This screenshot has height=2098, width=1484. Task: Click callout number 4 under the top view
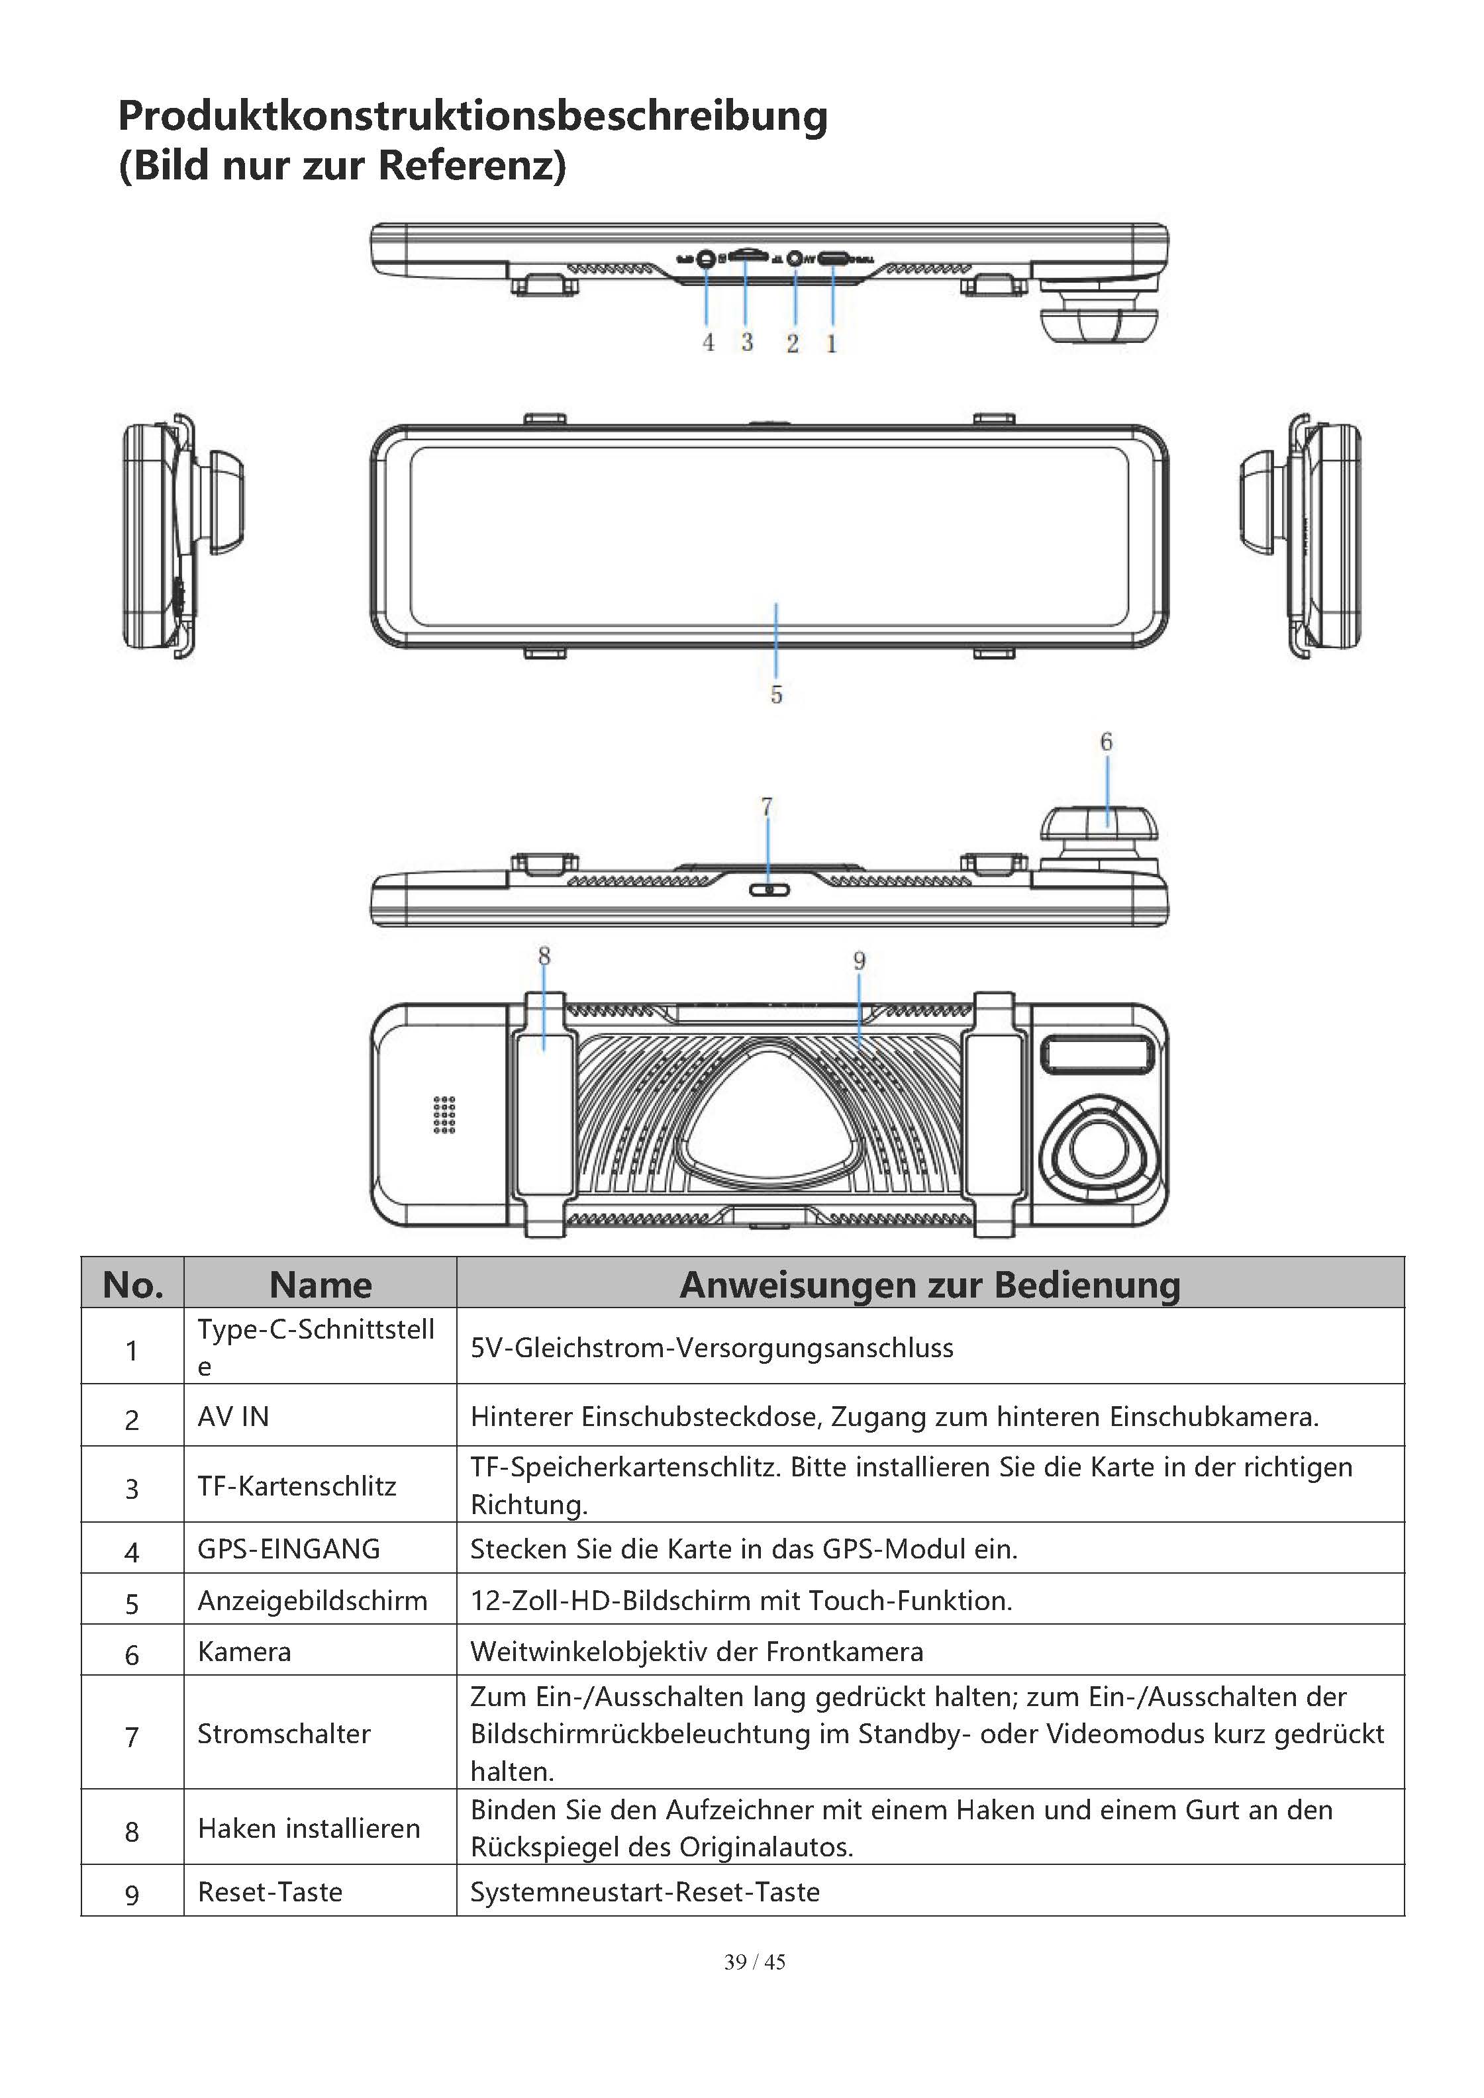coord(708,343)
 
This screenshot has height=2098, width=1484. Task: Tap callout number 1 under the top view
coord(832,344)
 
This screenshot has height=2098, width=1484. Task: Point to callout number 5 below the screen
coord(776,694)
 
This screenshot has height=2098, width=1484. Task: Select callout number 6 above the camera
coord(1106,742)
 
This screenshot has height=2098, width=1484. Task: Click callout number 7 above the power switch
coord(767,807)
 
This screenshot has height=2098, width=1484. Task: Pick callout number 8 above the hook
coord(544,956)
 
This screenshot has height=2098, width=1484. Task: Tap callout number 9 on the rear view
coord(859,961)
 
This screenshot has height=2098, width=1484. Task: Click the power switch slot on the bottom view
coord(767,889)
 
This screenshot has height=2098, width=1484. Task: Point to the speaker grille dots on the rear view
coord(444,1115)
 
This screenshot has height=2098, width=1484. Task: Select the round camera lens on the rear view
coord(1097,1149)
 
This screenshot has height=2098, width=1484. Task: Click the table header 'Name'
coord(321,1284)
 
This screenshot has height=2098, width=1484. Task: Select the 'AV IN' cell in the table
coord(234,1416)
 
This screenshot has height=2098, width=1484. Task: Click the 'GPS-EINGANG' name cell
coord(289,1549)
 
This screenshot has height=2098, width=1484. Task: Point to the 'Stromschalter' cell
coord(284,1733)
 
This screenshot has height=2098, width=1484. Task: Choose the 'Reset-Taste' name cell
coord(270,1891)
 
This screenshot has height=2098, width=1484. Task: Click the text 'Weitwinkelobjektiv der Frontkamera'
coord(697,1651)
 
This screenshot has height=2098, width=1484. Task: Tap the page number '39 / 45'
coord(754,1962)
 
